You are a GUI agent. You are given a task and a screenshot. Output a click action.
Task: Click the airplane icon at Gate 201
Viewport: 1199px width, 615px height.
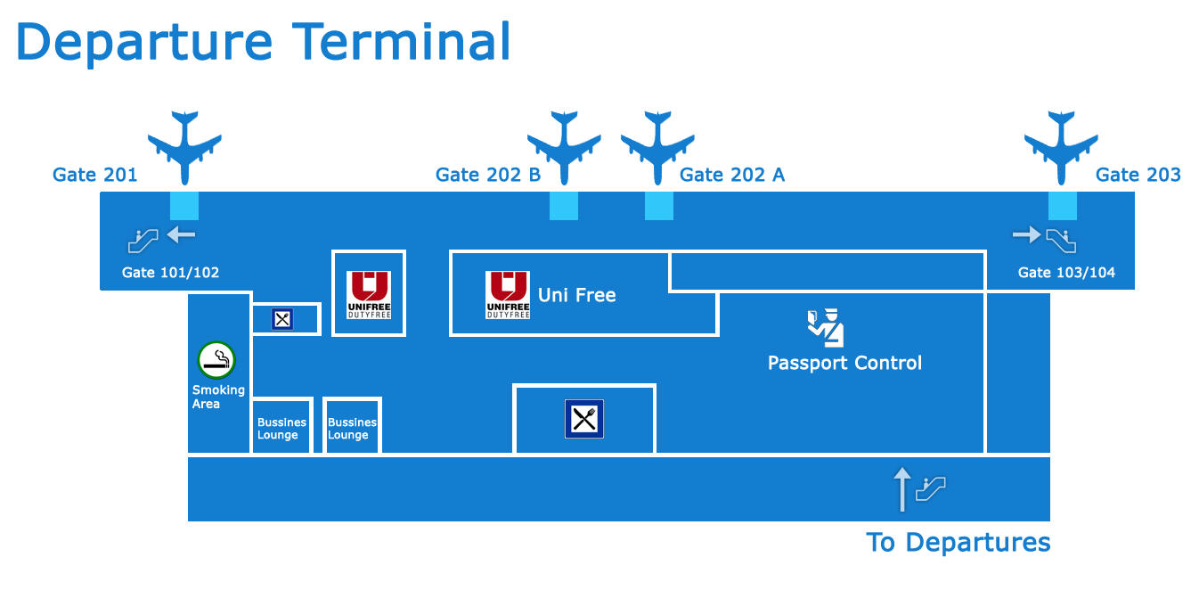click(184, 148)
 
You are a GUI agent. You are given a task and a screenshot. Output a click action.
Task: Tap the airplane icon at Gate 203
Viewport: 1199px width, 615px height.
click(1061, 148)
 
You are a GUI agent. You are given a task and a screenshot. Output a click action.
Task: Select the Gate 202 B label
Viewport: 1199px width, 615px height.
click(488, 175)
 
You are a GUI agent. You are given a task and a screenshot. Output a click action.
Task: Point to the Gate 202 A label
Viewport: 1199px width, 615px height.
click(731, 175)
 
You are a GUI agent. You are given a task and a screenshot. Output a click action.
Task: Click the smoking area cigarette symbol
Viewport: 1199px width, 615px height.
click(216, 360)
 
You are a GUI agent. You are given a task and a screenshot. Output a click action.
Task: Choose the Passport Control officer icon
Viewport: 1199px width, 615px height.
click(826, 327)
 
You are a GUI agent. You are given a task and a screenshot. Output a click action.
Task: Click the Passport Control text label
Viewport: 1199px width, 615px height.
click(844, 363)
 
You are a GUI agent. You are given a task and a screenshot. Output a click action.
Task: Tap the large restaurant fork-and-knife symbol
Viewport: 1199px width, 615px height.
click(584, 419)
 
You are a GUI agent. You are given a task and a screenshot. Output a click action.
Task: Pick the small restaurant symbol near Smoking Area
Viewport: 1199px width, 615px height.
click(282, 319)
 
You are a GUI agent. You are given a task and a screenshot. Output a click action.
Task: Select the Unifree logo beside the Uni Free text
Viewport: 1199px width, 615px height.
click(508, 295)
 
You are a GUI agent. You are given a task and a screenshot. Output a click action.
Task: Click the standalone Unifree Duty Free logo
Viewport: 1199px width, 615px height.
click(368, 295)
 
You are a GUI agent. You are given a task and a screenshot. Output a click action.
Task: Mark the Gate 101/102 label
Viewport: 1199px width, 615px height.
click(170, 273)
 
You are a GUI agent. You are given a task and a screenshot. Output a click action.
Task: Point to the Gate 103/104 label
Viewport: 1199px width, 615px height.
click(1066, 273)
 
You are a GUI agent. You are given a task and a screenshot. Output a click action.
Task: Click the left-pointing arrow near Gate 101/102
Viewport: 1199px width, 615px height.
click(181, 234)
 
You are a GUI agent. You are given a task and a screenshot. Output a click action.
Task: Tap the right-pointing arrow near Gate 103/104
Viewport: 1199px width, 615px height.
click(1027, 234)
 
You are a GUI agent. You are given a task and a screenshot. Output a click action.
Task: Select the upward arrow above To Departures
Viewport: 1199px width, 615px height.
click(902, 489)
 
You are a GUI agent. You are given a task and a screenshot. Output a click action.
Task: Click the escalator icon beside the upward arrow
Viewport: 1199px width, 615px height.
click(931, 488)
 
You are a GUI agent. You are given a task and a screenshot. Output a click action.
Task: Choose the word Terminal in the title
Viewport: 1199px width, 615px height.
click(401, 41)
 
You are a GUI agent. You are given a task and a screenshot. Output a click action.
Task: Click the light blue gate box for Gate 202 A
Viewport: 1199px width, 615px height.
click(659, 206)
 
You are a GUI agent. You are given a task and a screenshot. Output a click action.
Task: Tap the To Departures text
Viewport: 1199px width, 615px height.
click(958, 543)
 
